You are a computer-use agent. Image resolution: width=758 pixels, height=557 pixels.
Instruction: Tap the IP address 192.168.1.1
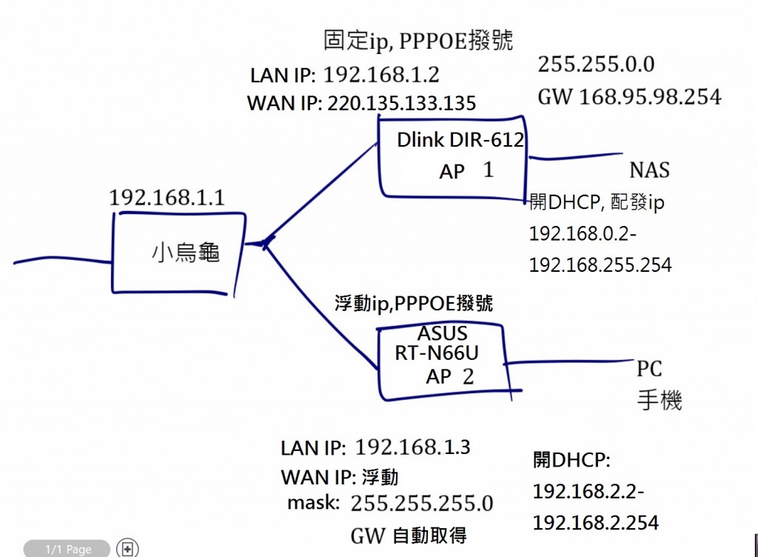pos(167,198)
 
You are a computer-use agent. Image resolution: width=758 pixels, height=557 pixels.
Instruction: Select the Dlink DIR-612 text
pos(460,139)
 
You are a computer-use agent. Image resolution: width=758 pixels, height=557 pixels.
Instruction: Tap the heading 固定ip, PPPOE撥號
pos(418,40)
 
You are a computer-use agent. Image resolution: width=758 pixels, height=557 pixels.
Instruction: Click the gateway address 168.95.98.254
pos(644,97)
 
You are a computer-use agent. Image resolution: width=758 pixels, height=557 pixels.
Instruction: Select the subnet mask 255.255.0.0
pos(596,64)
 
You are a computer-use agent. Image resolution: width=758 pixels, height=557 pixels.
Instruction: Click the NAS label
pos(649,170)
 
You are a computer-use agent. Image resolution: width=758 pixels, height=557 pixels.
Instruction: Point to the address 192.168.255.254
pos(600,264)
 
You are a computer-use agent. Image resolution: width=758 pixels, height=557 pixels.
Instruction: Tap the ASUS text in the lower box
pos(443,333)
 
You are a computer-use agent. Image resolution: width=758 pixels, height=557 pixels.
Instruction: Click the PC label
pos(649,369)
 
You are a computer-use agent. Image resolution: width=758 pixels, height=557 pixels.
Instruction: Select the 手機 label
pos(659,401)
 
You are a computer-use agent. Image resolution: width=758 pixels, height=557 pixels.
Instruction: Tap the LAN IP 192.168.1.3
pos(412,447)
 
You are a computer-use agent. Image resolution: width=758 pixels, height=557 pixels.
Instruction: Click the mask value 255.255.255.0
pos(421,504)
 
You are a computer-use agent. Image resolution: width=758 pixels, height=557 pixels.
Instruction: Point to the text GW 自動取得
pos(409,535)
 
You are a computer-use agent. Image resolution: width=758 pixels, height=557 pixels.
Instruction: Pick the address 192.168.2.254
pos(595,522)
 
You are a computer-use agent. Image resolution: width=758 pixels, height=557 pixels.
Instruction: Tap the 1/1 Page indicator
pos(68,549)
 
